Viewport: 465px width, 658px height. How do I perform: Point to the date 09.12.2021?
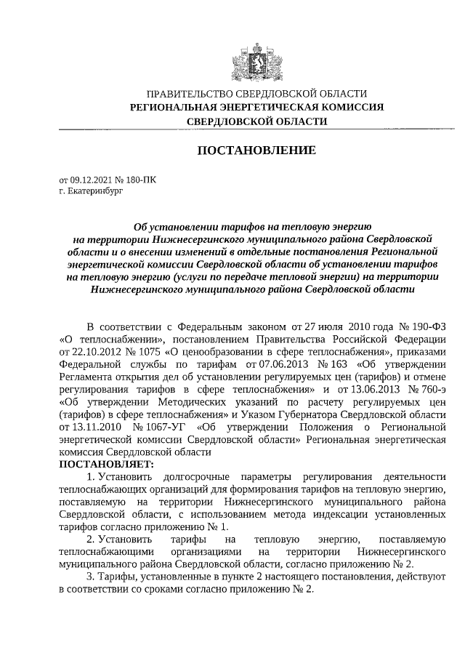tap(92, 179)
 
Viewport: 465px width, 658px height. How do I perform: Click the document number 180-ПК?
tap(141, 179)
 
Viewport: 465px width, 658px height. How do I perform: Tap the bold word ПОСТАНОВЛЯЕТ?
tap(107, 464)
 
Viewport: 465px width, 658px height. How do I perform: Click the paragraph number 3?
tap(90, 577)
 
